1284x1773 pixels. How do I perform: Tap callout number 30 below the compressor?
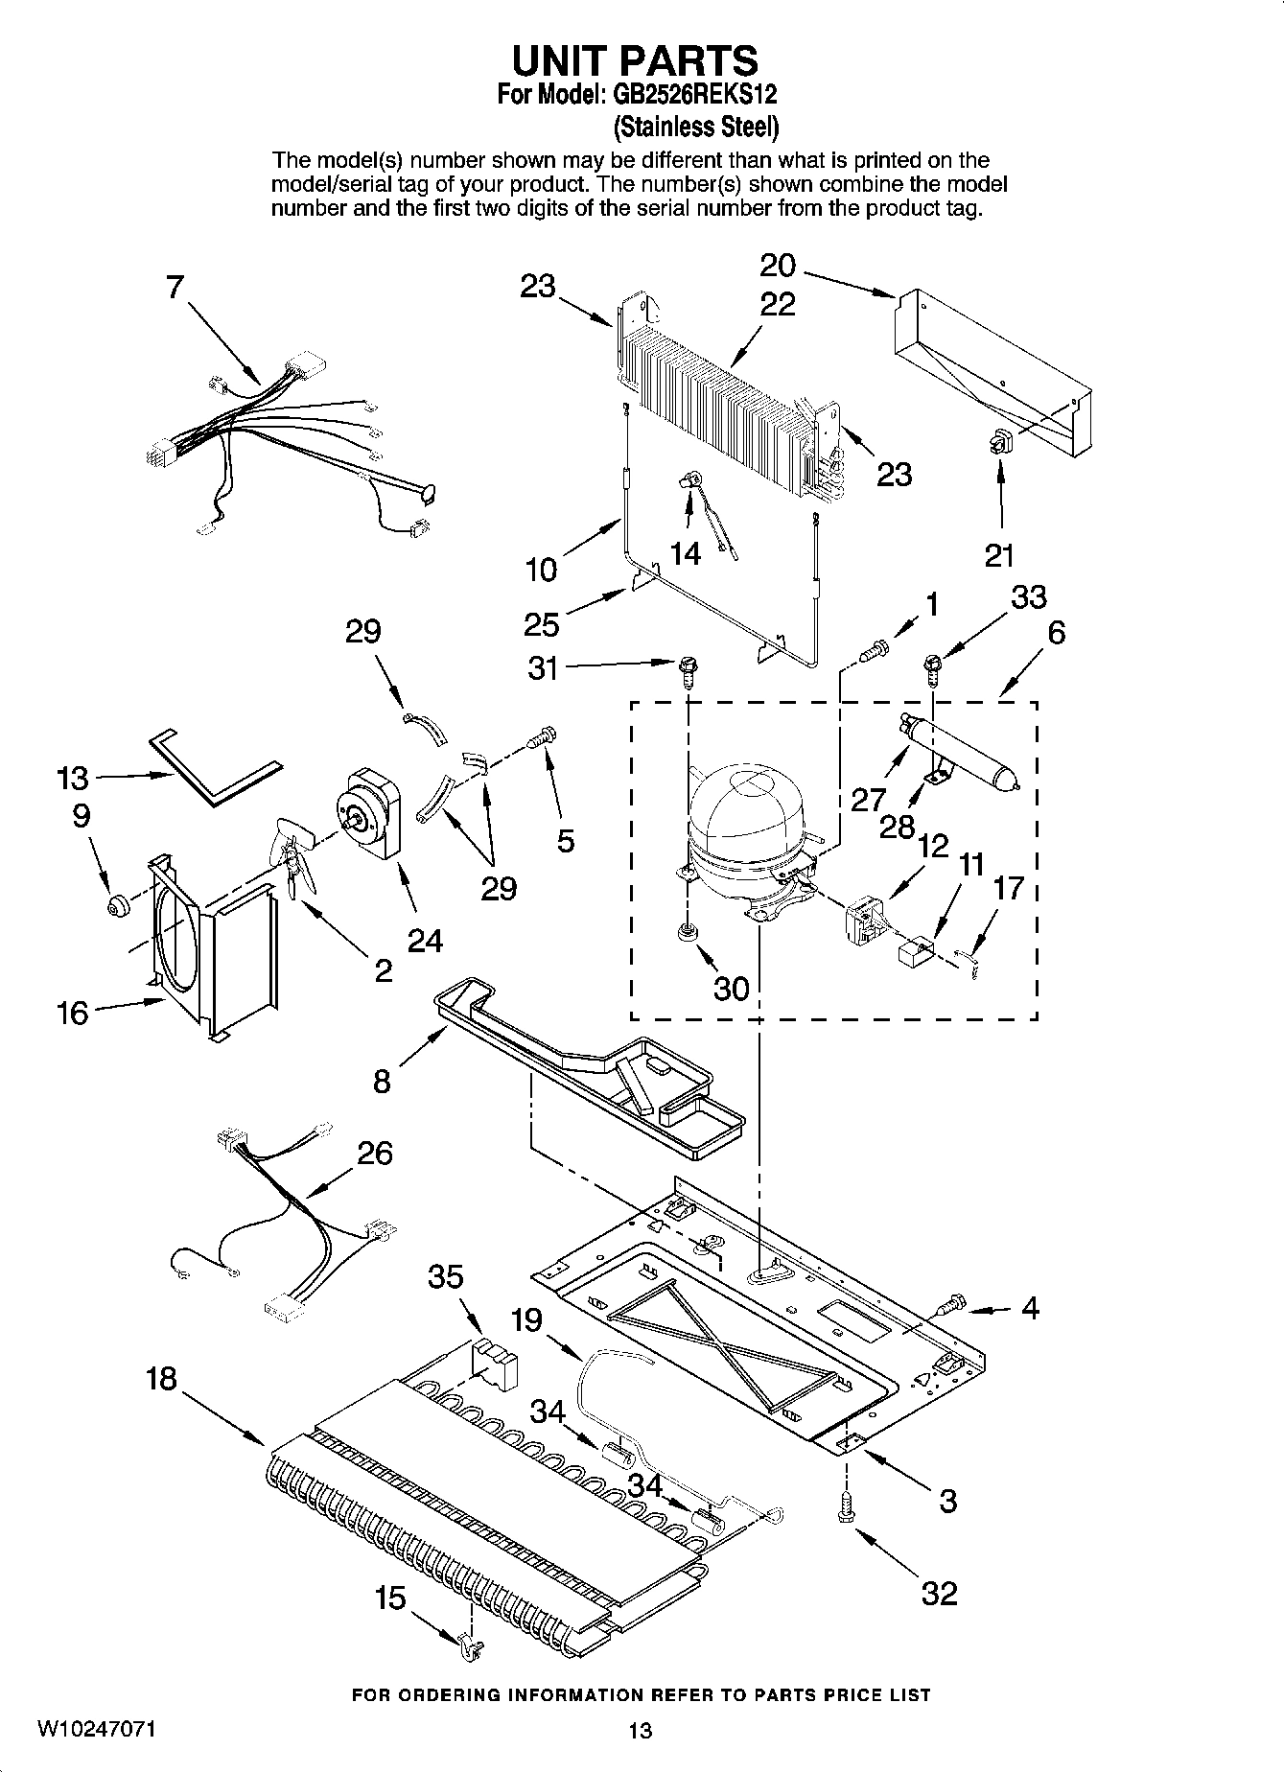coord(731,987)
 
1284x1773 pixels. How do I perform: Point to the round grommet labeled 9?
coord(118,904)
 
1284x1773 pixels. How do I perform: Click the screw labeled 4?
coord(950,1305)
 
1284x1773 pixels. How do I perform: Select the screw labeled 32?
coord(845,1508)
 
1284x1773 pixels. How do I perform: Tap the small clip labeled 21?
coord(1000,442)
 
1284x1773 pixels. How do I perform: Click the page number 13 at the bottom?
coord(640,1729)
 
